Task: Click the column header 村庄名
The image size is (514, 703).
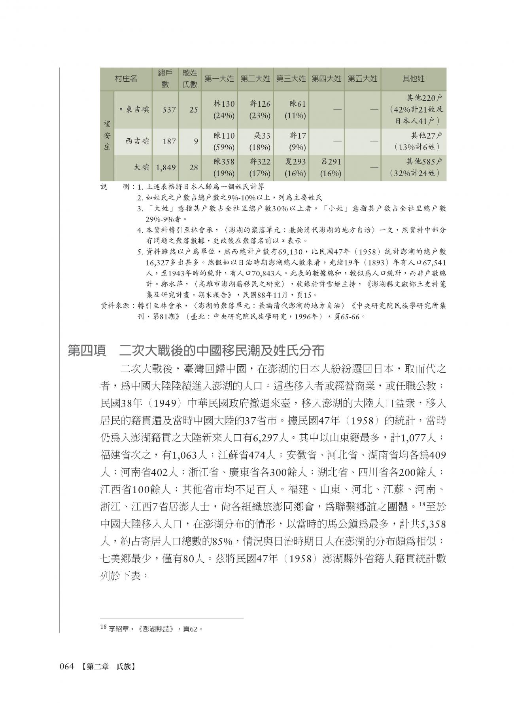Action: click(126, 79)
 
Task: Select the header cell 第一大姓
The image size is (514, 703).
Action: click(219, 79)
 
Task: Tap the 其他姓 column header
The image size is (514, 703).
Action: click(413, 79)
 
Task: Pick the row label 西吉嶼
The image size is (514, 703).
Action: click(137, 141)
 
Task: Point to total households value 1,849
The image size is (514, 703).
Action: click(165, 168)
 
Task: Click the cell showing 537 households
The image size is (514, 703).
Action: click(169, 109)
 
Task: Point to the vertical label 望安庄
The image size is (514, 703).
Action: click(107, 136)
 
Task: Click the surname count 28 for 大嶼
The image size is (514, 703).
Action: click(193, 168)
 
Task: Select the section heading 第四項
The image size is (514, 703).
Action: click(85, 351)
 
